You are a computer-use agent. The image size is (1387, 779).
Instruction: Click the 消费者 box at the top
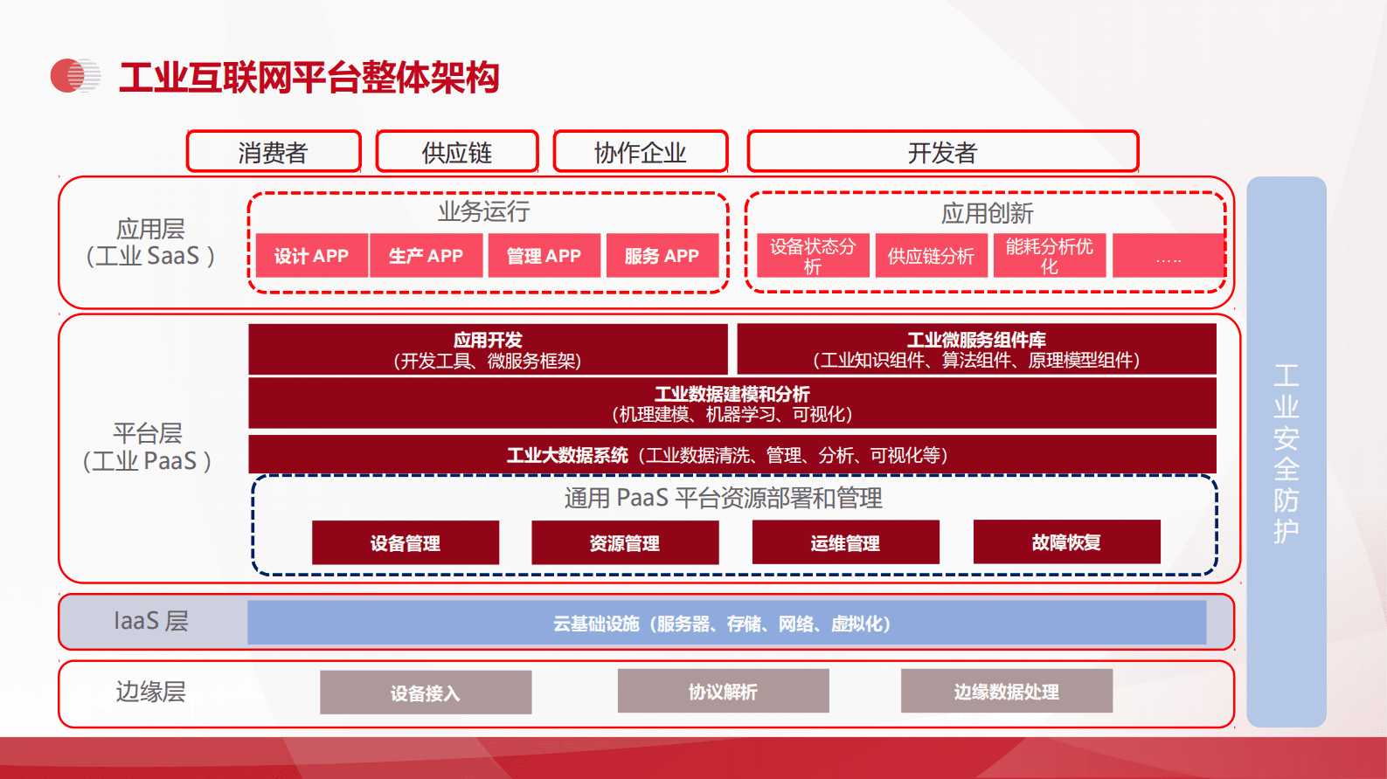click(274, 153)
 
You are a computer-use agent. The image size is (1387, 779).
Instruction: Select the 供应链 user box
click(457, 153)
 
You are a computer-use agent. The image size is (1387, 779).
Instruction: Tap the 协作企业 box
click(641, 153)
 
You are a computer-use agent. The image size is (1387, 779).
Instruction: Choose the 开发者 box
click(942, 153)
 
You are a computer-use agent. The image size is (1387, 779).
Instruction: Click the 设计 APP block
click(311, 256)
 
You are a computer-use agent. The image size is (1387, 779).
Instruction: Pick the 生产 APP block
click(426, 256)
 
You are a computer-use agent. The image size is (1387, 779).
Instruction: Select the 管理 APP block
click(544, 256)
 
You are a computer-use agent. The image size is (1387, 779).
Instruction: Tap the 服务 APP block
click(662, 256)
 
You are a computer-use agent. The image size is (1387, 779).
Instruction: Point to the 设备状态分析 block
click(813, 256)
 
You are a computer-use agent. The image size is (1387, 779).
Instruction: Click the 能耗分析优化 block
click(1049, 256)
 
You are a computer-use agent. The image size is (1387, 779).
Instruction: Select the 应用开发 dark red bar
click(488, 349)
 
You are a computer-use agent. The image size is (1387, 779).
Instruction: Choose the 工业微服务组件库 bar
click(976, 349)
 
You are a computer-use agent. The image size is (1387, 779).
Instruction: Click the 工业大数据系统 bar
click(732, 455)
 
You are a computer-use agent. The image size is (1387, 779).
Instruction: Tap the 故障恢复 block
click(1066, 542)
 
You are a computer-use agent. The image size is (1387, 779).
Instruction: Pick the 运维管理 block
click(845, 542)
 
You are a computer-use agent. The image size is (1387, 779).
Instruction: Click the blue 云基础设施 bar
click(726, 624)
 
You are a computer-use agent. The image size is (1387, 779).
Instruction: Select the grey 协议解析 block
click(723, 692)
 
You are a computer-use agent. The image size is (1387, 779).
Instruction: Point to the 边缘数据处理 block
click(1006, 692)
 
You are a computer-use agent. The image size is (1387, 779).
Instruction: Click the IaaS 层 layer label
click(151, 621)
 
